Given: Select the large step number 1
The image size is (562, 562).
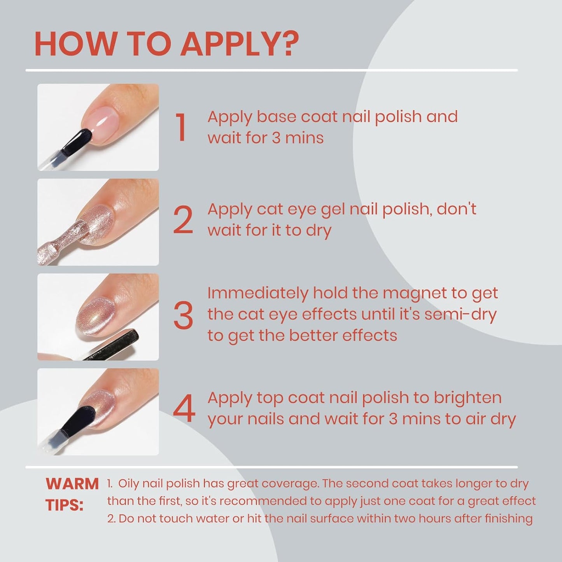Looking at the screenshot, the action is click(x=181, y=127).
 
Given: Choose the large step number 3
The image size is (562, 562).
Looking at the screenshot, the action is click(x=183, y=315).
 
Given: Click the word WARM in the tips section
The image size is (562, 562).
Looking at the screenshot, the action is click(x=72, y=484).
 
